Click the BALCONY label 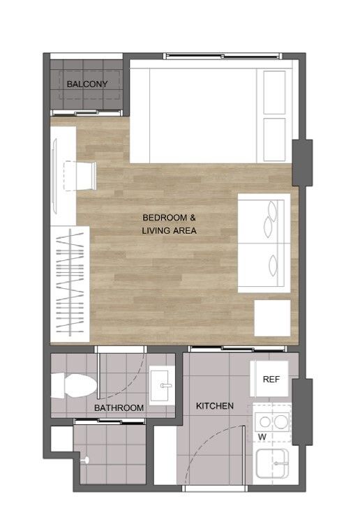87,84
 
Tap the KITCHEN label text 215,406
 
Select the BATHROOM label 119,408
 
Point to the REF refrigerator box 269,379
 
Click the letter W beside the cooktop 262,437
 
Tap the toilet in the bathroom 74,385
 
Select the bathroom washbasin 162,385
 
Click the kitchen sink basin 272,463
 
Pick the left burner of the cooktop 265,422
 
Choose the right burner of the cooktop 281,422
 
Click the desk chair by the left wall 80,176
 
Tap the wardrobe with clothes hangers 70,284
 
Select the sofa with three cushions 264,244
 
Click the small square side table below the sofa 272,318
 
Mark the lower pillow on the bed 274,140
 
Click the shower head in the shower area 86,460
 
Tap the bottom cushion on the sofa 273,265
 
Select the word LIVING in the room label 156,230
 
